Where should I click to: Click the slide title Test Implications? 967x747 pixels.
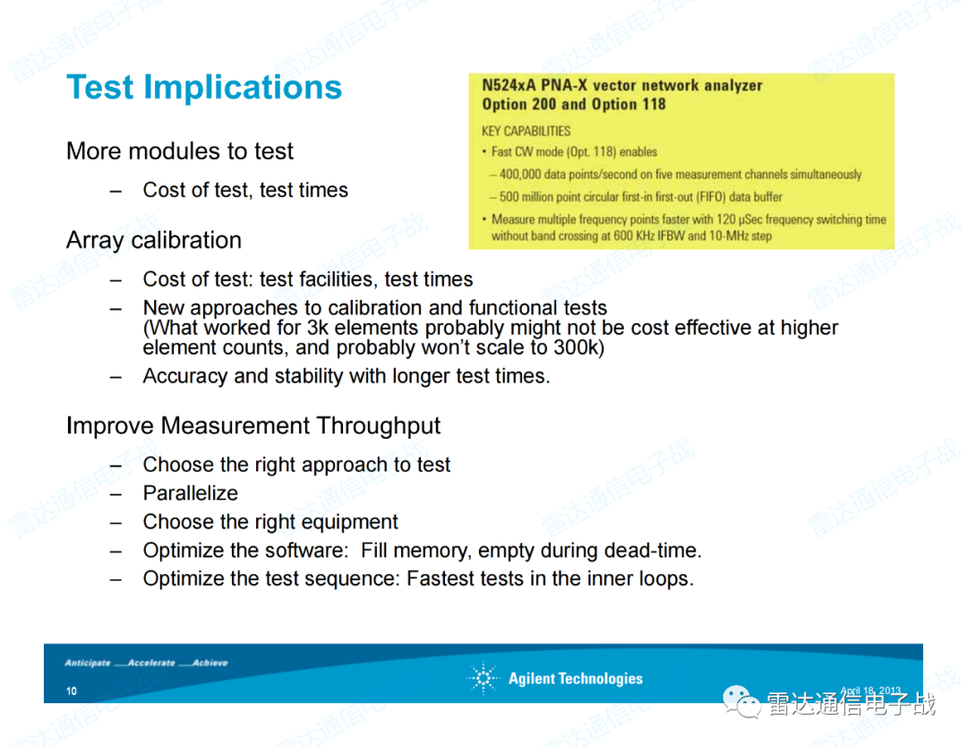pos(204,88)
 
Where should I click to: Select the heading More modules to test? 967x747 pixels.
pos(179,151)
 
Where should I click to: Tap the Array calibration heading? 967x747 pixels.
pos(154,240)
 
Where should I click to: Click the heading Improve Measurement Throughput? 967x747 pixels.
pos(253,425)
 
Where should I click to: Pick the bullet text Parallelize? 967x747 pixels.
pos(191,494)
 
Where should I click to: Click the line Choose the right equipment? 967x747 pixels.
pos(270,522)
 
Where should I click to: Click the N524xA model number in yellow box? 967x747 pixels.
pos(506,86)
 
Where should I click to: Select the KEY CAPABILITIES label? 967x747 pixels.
pos(526,131)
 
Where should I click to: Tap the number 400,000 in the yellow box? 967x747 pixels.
pos(524,175)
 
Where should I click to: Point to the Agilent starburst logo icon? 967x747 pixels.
pos(483,679)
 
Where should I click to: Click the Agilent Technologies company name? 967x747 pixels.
pos(575,679)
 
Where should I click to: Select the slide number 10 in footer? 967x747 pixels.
pos(71,691)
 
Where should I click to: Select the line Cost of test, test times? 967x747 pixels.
pos(245,190)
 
